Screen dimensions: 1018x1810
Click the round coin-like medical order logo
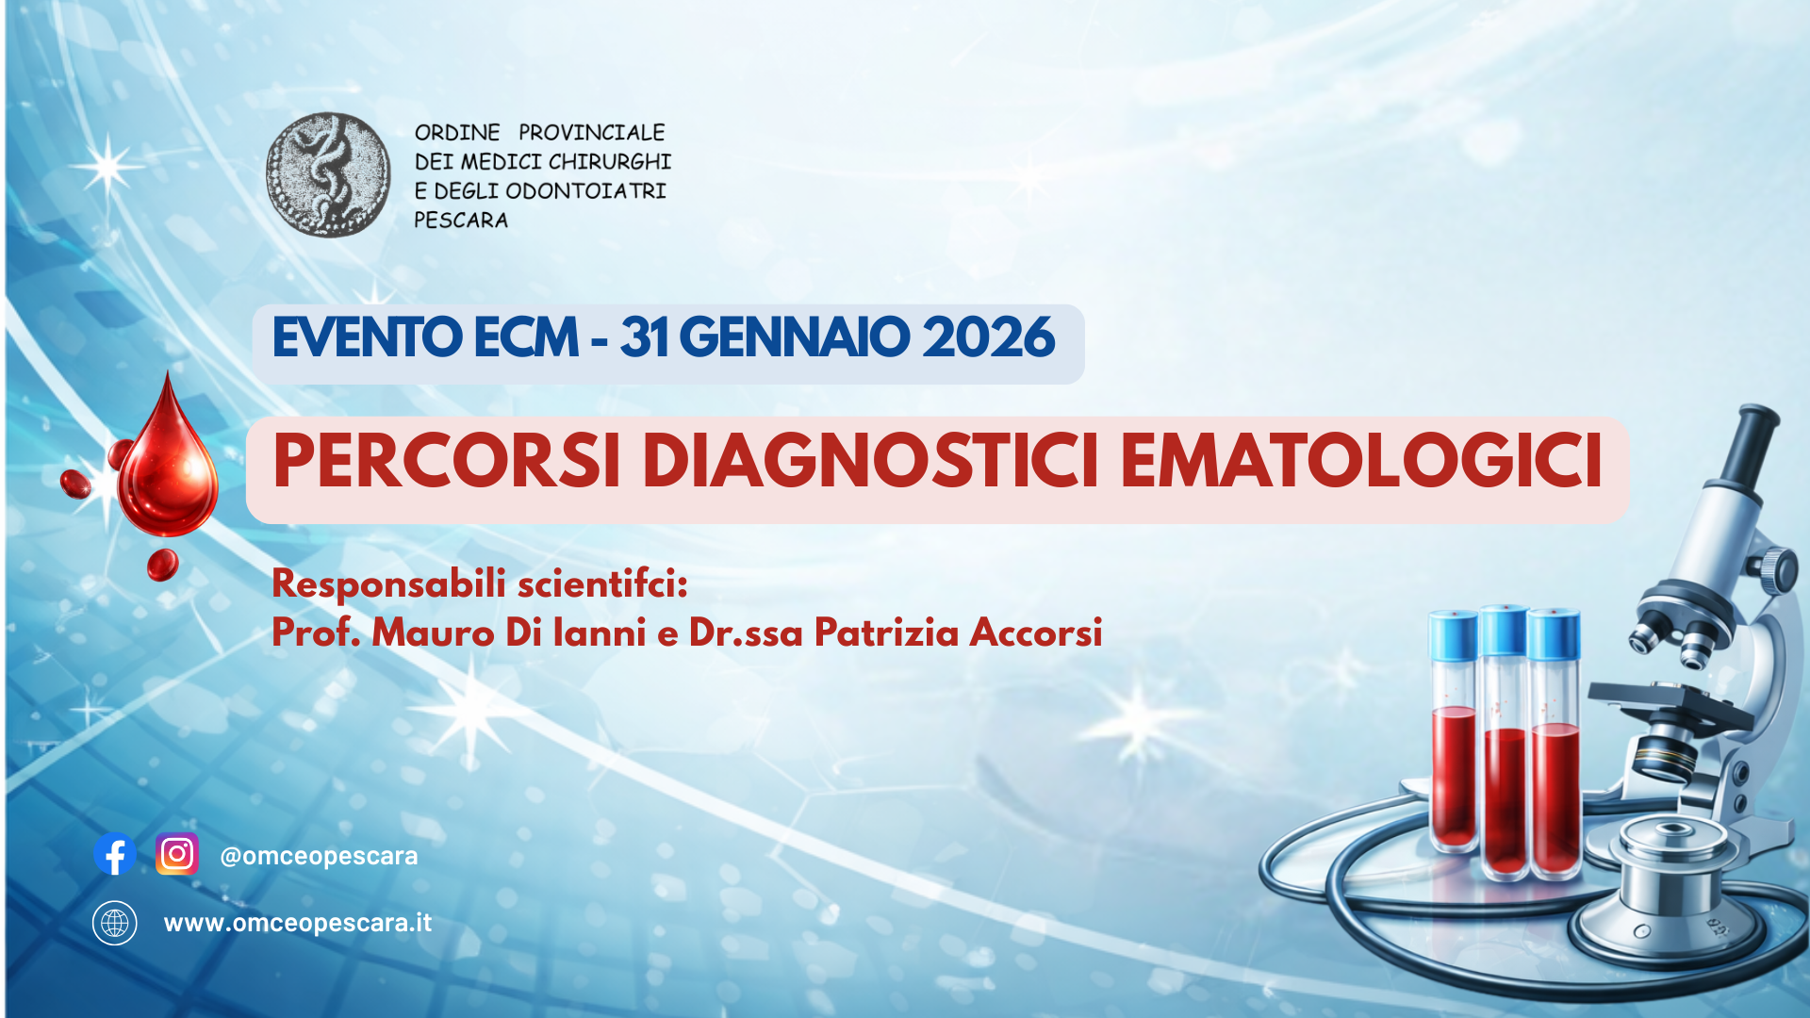click(x=328, y=175)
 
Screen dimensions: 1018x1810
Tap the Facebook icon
click(x=115, y=855)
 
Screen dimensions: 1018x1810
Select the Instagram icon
click(x=177, y=855)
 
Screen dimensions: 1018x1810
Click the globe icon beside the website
click(x=115, y=923)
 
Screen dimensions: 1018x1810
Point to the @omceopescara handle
click(x=319, y=856)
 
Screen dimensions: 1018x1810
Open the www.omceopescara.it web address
click(x=298, y=923)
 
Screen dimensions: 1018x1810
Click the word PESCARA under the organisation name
click(x=461, y=221)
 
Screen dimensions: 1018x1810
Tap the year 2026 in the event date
click(x=988, y=337)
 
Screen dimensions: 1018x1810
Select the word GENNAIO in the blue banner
click(x=794, y=337)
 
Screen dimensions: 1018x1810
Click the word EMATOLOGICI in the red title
click(x=1361, y=462)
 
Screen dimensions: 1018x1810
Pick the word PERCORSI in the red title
click(x=446, y=462)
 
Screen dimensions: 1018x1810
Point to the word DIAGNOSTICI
click(x=870, y=462)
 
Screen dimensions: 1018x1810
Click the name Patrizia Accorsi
click(x=958, y=632)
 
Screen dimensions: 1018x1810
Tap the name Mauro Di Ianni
click(x=509, y=632)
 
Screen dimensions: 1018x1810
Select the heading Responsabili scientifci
click(x=480, y=583)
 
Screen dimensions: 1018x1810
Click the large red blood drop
click(x=168, y=467)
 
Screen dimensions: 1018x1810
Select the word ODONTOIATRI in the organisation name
click(x=585, y=191)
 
